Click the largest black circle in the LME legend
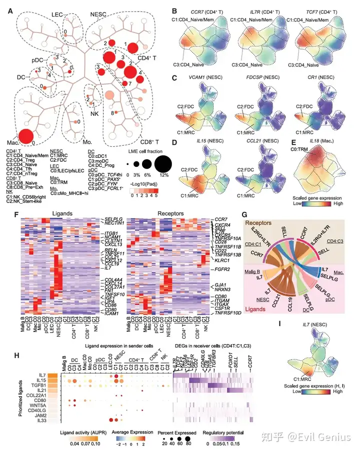(163, 162)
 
